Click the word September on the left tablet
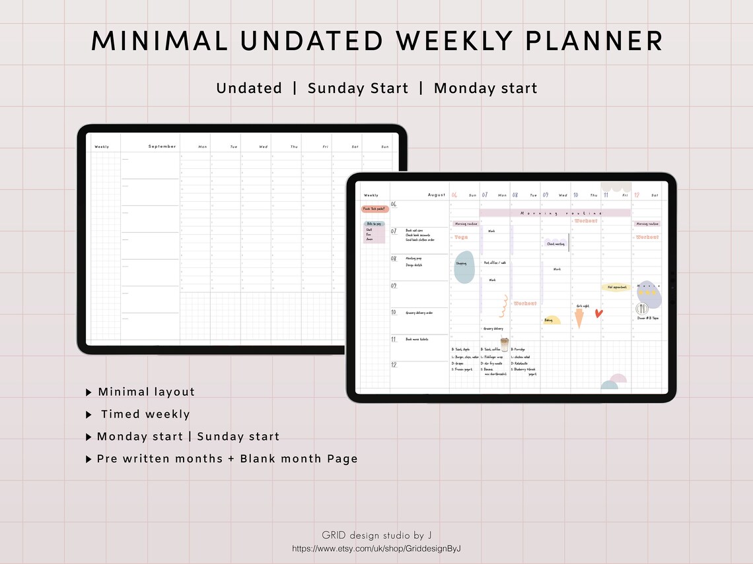(162, 146)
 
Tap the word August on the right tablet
(437, 195)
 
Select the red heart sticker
(598, 313)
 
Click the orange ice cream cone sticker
(579, 319)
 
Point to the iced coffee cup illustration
(505, 345)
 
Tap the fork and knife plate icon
(641, 309)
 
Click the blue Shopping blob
(464, 267)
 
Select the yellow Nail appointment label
(616, 287)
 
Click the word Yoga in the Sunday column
(461, 237)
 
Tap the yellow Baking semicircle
(552, 320)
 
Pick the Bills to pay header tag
(374, 224)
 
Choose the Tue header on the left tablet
(233, 146)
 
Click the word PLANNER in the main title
(594, 41)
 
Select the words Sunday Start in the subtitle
(358, 88)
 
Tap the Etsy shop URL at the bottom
(376, 549)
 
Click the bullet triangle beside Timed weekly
(89, 415)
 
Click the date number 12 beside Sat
(637, 195)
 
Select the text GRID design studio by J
(377, 535)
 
